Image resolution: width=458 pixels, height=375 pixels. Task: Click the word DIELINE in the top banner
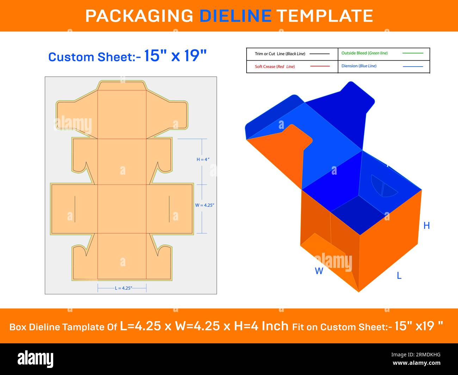(236, 16)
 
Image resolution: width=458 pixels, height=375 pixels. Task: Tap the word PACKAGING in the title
(139, 16)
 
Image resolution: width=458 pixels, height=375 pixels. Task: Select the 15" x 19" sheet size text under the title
(175, 56)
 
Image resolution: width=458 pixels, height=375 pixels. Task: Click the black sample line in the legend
(320, 54)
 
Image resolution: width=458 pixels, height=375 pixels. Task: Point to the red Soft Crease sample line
(320, 66)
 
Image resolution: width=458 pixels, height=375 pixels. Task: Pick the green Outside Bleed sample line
(413, 53)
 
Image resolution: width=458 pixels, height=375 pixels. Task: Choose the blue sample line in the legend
(413, 67)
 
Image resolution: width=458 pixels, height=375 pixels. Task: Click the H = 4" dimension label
(203, 160)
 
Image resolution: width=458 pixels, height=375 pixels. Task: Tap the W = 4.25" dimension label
(205, 205)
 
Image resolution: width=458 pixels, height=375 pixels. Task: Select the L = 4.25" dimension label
(123, 288)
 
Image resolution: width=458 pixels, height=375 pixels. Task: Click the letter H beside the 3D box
(427, 226)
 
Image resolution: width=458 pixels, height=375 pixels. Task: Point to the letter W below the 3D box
(319, 271)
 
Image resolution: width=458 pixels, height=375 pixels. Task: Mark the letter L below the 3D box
(399, 276)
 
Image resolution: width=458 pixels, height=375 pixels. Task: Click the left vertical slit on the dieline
(75, 209)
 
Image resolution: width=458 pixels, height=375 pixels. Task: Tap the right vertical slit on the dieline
(169, 209)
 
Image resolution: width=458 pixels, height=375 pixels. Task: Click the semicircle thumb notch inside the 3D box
(383, 187)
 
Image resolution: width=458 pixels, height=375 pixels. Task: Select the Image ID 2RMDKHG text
(416, 355)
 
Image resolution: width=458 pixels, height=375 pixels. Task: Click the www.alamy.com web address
(416, 363)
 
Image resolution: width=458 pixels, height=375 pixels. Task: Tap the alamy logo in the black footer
(35, 359)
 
